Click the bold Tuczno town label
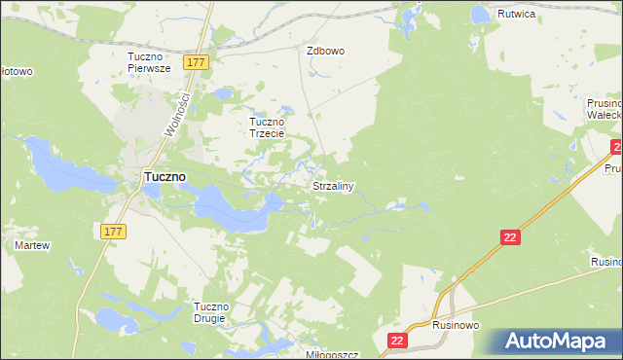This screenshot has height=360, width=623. tap(165, 177)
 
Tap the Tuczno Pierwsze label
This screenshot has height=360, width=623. tap(150, 62)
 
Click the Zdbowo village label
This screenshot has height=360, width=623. tap(325, 51)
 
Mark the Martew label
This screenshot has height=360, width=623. tap(31, 245)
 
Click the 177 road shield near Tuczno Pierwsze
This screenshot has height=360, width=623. tap(197, 62)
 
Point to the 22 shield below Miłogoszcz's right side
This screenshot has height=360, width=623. tap(396, 340)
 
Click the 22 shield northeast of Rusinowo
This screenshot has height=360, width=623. tap(510, 237)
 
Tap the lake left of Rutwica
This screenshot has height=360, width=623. tap(480, 14)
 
